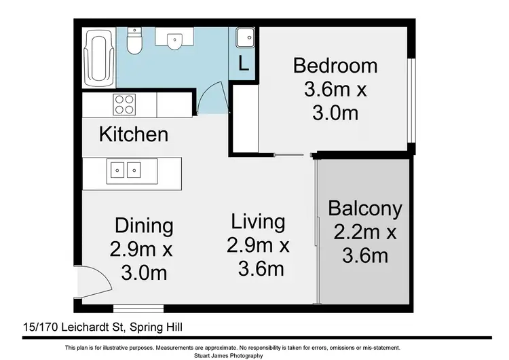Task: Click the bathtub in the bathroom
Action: pos(99,58)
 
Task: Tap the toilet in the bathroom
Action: pos(134,41)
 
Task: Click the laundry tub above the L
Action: pos(245,37)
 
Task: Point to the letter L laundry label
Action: pos(244,63)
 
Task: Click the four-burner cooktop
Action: pos(124,105)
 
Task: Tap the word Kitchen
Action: pos(134,134)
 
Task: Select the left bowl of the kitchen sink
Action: pos(117,170)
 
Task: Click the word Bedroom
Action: pos(335,65)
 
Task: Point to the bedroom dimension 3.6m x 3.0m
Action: pos(335,101)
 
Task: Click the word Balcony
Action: pos(365,209)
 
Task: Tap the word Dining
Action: pos(144,226)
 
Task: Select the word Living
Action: pos(258,221)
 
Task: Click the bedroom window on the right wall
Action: pos(411,101)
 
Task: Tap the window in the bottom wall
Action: pos(138,308)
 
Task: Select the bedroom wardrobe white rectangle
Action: pos(246,118)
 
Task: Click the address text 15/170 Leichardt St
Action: pos(74,327)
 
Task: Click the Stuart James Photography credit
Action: pos(229,356)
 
